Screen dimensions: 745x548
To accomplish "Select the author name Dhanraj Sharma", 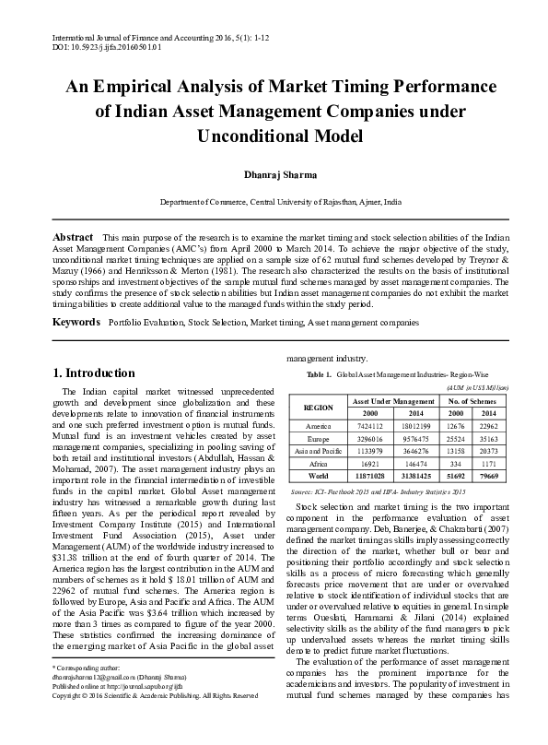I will point(274,171).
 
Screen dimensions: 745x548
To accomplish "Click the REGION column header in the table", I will point(318,407).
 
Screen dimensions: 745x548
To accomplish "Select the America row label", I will point(318,426).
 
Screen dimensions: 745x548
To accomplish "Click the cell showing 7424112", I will point(367,426).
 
